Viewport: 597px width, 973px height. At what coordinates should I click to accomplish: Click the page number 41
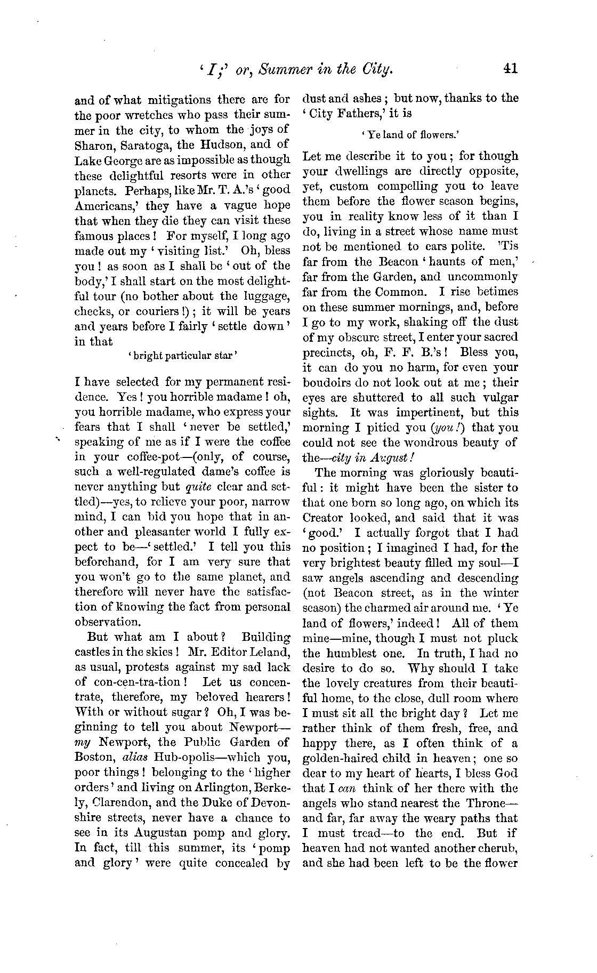tap(509, 69)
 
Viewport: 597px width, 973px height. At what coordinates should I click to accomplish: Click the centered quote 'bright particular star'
tap(182, 356)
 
